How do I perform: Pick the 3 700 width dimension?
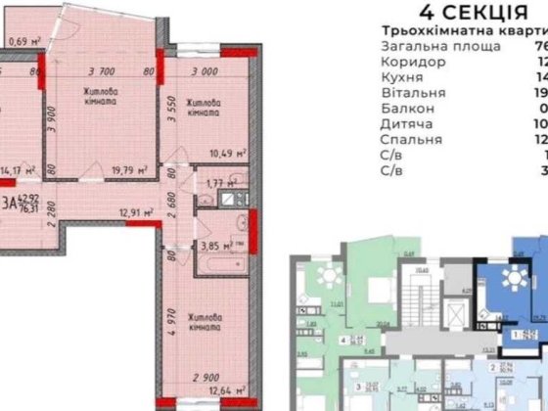pyautogui.click(x=103, y=71)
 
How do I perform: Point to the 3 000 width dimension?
pyautogui.click(x=205, y=71)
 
